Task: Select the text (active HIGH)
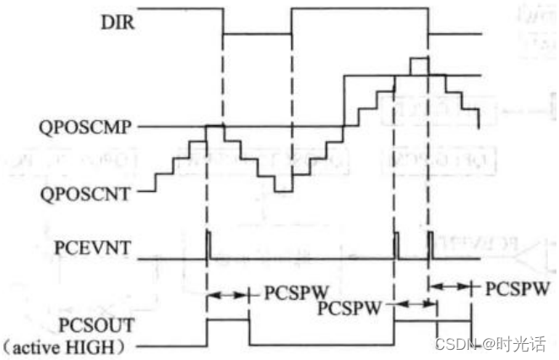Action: [x=76, y=346]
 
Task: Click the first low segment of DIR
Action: [x=257, y=34]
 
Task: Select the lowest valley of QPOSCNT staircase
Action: [x=284, y=191]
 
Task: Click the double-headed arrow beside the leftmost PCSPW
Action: [x=228, y=295]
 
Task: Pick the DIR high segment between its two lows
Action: [x=359, y=9]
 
